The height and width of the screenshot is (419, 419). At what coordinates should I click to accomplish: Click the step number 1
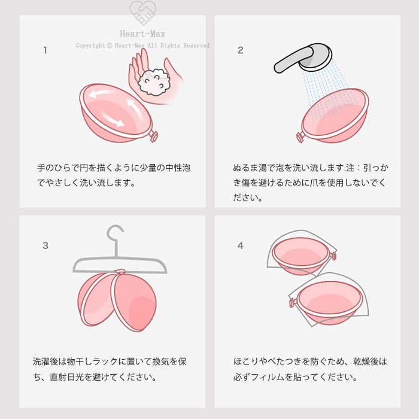pos(45,50)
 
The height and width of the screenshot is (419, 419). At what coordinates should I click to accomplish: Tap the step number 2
pos(240,50)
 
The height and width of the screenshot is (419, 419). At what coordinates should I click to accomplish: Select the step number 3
pos(45,245)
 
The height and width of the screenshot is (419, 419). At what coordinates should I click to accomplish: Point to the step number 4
pos(241,245)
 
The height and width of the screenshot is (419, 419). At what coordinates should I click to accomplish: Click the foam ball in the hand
pos(154,82)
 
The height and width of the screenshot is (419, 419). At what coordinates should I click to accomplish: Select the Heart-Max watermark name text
pos(142,34)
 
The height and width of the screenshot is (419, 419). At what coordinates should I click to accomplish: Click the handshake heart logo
pos(142,13)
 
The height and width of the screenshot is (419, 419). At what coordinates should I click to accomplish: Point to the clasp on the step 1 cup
pos(153,136)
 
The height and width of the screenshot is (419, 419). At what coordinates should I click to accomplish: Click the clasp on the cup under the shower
pos(300,137)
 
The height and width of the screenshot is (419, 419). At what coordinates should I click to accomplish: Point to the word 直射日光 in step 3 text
pos(66,377)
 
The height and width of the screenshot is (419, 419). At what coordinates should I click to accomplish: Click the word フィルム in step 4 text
pos(268,377)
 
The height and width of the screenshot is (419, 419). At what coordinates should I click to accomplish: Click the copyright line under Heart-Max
pos(142,45)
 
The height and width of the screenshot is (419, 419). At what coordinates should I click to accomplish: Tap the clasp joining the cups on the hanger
pos(120,272)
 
